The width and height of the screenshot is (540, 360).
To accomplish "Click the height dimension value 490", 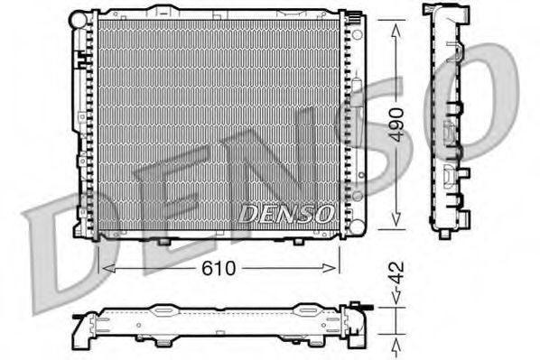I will (x=395, y=125).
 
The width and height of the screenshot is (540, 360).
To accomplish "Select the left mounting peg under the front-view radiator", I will (x=163, y=242).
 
